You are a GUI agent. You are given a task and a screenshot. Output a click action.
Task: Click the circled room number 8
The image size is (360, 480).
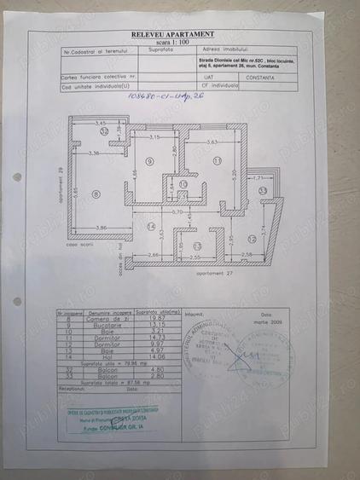pyautogui.click(x=96, y=194)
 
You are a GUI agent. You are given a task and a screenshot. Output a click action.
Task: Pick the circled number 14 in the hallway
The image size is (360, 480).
pyautogui.click(x=151, y=226)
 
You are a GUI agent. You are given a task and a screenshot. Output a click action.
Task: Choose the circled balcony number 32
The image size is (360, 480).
pyautogui.click(x=104, y=133)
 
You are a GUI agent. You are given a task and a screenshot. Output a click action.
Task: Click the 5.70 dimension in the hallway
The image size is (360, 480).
pyautogui.click(x=175, y=211)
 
